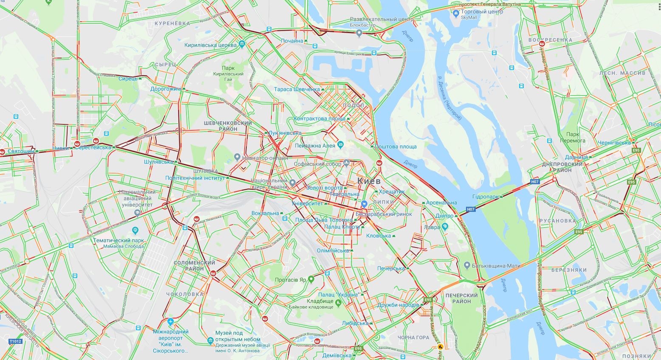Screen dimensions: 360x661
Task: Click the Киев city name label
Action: [372, 181]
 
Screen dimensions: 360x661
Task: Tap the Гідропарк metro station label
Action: [486, 197]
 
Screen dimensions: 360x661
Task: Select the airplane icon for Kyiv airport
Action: [170, 322]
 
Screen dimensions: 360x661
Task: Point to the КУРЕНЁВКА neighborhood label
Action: [172, 23]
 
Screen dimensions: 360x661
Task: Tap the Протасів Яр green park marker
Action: [311, 279]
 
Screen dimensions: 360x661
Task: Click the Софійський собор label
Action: [319, 164]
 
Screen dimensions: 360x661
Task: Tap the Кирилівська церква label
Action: [210, 45]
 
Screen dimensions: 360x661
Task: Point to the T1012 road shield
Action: [15, 341]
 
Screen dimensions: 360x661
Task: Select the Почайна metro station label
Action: [292, 41]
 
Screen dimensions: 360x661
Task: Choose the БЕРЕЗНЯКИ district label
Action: [569, 270]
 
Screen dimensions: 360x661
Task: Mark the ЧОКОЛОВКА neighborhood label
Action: [185, 294]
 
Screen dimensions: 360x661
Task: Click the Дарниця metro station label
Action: [576, 157]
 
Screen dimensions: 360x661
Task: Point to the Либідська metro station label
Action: [355, 323]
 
